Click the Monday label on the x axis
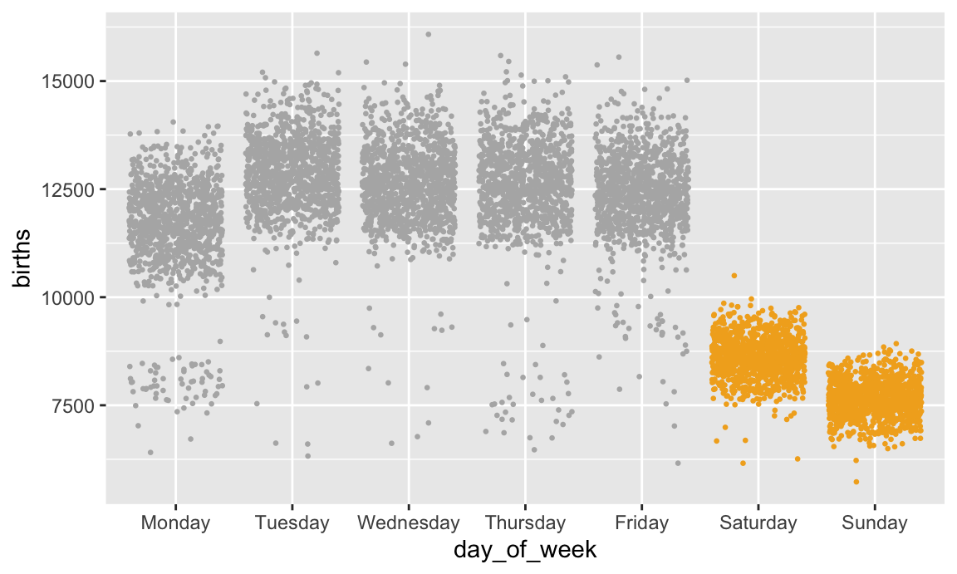[175, 523]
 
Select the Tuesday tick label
[292, 523]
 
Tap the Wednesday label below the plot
[408, 523]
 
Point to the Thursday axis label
[525, 523]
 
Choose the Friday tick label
[641, 523]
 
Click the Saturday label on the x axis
[758, 523]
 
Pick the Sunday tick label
[874, 523]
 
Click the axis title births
[21, 258]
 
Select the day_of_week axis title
[525, 551]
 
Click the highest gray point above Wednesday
[429, 34]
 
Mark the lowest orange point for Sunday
[856, 482]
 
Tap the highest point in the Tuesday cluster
[317, 53]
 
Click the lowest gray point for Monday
[150, 452]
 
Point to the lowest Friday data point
[678, 463]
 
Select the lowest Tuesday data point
[308, 455]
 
